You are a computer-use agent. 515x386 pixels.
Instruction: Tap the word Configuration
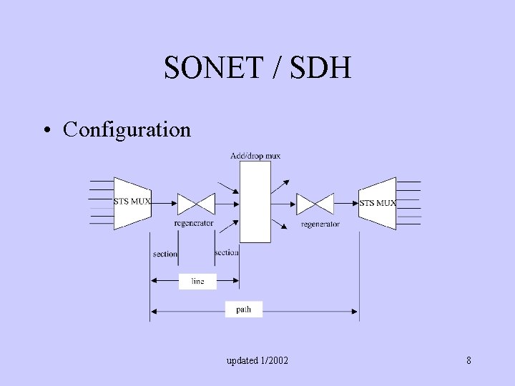(x=127, y=129)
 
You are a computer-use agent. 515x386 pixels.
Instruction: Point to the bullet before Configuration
(x=46, y=130)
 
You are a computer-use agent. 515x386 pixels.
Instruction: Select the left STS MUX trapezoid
(x=132, y=202)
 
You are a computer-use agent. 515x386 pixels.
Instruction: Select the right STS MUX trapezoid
(x=378, y=203)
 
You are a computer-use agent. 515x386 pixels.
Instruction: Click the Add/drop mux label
(x=255, y=155)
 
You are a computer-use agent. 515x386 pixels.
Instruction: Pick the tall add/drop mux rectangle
(x=255, y=202)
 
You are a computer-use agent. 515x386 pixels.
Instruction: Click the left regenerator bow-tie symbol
(x=196, y=204)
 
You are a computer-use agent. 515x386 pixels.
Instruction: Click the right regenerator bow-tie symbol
(x=315, y=204)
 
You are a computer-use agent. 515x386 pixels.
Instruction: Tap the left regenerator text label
(x=193, y=224)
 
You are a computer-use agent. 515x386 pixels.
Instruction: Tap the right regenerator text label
(x=320, y=224)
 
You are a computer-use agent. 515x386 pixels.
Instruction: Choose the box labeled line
(x=197, y=282)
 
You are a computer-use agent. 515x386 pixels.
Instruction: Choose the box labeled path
(x=243, y=310)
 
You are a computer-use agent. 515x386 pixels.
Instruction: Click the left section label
(x=165, y=254)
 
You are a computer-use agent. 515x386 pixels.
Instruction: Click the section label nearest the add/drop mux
(x=226, y=252)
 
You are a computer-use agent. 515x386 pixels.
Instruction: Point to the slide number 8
(x=469, y=360)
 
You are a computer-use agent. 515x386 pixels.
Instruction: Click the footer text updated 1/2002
(x=257, y=360)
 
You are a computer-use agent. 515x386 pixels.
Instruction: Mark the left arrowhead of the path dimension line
(x=153, y=310)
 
